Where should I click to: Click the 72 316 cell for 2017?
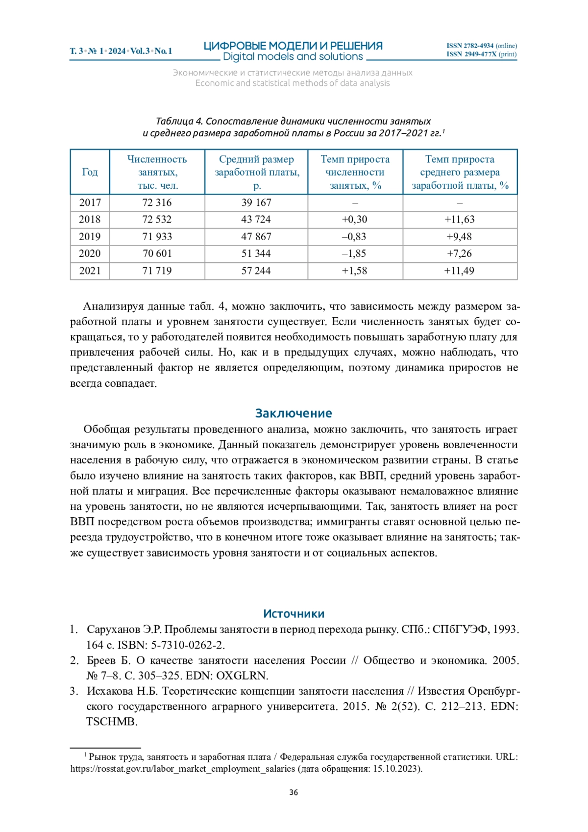157,202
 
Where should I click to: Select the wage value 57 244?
256,271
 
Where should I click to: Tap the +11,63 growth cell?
459,220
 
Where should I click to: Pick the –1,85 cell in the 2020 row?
354,253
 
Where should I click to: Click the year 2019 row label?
90,237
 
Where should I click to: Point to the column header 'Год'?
90,172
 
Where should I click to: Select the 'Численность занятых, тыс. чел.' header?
157,172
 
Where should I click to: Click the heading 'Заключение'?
294,413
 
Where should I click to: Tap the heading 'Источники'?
294,614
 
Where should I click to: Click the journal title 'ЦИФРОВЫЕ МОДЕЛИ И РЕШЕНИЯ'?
293,46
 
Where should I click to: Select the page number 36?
294,792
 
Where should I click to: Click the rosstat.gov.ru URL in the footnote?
183,769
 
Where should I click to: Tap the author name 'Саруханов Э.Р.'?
124,630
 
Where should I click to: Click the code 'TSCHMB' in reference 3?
111,722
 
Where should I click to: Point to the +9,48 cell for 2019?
459,237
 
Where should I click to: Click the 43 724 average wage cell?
256,220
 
